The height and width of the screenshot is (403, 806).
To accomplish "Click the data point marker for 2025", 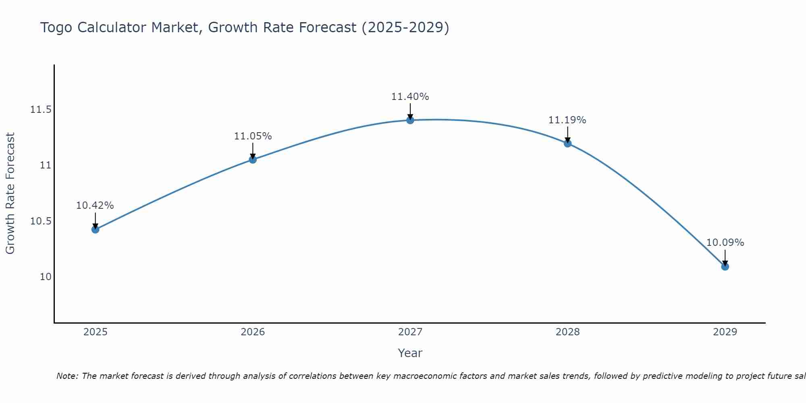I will [x=95, y=229].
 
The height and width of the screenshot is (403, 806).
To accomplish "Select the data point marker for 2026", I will [x=253, y=160].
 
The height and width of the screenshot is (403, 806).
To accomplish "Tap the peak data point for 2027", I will [x=410, y=120].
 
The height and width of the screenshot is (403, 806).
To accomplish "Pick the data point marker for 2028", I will [x=567, y=143].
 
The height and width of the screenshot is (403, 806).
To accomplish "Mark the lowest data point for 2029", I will [x=725, y=266].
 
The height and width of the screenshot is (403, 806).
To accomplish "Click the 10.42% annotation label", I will [x=95, y=206].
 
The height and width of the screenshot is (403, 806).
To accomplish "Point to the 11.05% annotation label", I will [x=253, y=136].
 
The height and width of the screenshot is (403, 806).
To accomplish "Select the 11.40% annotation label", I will [x=410, y=97].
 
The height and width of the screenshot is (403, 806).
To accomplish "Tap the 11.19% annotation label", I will [x=567, y=120].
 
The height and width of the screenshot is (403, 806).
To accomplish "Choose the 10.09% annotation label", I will [x=725, y=243].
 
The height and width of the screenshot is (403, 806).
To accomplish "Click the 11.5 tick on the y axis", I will [x=41, y=110].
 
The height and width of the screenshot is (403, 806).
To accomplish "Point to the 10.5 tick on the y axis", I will [x=41, y=221].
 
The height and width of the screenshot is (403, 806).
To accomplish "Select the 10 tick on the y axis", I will [x=46, y=277].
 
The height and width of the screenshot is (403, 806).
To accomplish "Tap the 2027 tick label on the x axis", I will [x=410, y=332].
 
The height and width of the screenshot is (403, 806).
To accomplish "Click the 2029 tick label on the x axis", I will [x=725, y=332].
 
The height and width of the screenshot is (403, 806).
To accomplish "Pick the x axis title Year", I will [x=410, y=353].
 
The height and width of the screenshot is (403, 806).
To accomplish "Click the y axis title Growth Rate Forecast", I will [x=10, y=193].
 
